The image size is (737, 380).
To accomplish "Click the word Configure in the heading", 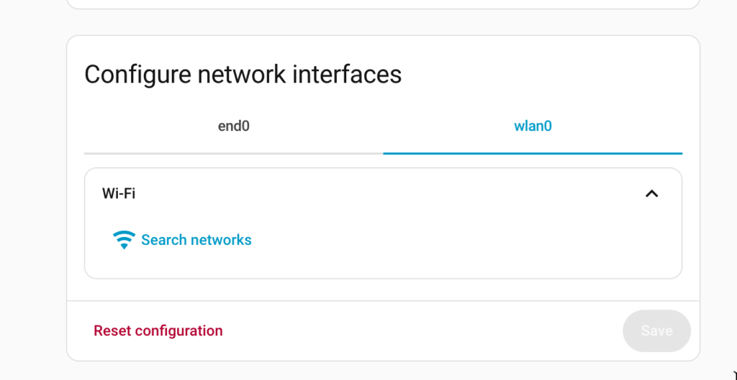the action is coord(137,75).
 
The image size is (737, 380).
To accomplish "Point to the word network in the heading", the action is coord(241,74).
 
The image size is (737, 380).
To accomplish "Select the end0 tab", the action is coord(234,126).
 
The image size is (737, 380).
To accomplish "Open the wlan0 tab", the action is coord(533,126).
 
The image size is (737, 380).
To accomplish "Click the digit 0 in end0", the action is coord(245,126).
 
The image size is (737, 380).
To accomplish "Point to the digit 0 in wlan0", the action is coord(547,126).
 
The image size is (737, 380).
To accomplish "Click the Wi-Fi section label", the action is coord(119,193).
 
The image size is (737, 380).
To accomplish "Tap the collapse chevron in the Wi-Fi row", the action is coord(651,193).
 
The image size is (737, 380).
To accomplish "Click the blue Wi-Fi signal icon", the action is coord(124,240).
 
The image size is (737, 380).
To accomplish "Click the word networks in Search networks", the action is coord(221,240).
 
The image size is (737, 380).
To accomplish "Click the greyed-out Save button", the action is coord(656,330).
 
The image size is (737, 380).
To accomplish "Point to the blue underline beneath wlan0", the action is coord(533,154).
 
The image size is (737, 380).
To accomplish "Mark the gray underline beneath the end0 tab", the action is coord(234,154).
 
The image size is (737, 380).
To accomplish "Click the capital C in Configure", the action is coord(94,75).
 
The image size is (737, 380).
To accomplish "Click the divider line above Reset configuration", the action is coord(383,301).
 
